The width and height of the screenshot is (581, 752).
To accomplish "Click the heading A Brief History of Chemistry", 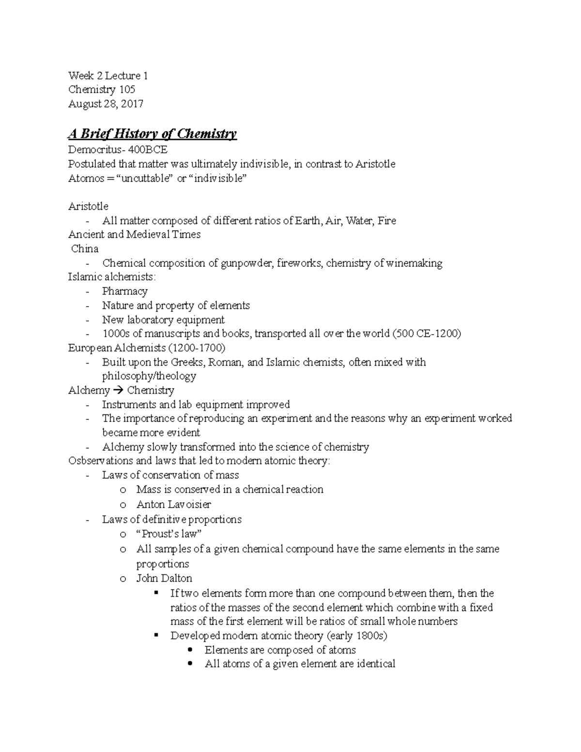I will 152,134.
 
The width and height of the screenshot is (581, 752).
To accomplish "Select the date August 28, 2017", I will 106,104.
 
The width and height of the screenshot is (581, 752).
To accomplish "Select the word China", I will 85,249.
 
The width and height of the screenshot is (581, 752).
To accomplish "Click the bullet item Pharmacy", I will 124,292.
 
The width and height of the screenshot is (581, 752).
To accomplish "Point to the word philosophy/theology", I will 149,376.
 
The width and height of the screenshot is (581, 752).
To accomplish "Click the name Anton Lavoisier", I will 173,504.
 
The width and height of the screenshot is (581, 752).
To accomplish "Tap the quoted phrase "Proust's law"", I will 169,534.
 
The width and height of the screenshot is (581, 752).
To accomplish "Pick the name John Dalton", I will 164,578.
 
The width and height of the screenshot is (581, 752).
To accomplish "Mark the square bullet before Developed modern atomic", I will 156,635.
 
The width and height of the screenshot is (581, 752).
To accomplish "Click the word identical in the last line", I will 376,664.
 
